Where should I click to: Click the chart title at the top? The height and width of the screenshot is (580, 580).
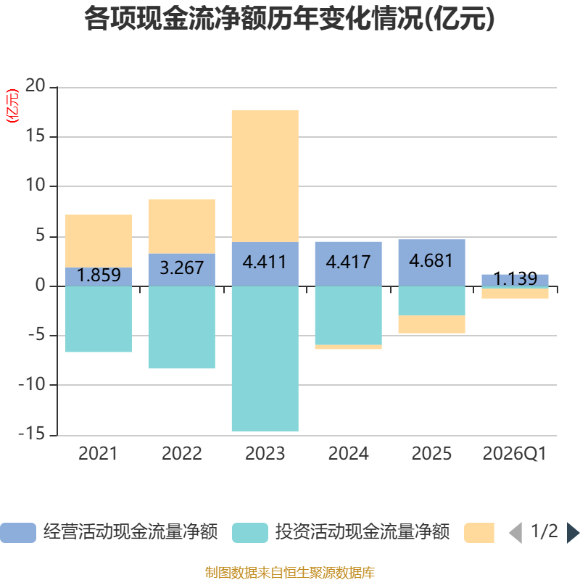pyautogui.click(x=289, y=20)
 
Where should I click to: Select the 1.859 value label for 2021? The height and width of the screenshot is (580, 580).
pyautogui.click(x=99, y=275)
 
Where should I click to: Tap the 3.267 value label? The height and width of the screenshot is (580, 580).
pyautogui.click(x=181, y=268)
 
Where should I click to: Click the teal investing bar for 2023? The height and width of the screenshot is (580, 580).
pyautogui.click(x=265, y=359)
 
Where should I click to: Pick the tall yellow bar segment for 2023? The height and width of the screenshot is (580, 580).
pyautogui.click(x=265, y=176)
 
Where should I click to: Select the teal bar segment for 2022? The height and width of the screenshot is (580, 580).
pyautogui.click(x=181, y=328)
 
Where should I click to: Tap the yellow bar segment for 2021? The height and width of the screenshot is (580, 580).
pyautogui.click(x=99, y=241)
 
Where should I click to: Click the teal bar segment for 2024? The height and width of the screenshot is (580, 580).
pyautogui.click(x=348, y=315)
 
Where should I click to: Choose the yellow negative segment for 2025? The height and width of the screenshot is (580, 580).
pyautogui.click(x=431, y=325)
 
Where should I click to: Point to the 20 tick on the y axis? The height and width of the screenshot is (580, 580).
pyautogui.click(x=36, y=86)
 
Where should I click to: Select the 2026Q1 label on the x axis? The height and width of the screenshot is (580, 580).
pyautogui.click(x=514, y=454)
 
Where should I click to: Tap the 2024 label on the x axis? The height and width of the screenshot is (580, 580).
pyautogui.click(x=348, y=454)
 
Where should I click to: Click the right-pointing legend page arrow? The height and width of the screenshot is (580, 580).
pyautogui.click(x=573, y=533)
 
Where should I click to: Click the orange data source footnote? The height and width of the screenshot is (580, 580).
pyautogui.click(x=289, y=573)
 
